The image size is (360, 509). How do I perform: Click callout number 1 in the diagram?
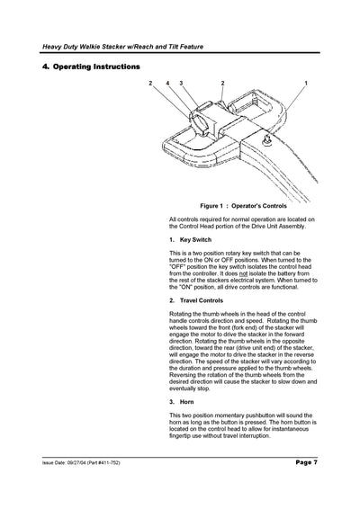coord(306,83)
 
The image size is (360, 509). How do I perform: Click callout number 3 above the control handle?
coord(181,83)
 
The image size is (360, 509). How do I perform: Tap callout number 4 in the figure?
coord(167,83)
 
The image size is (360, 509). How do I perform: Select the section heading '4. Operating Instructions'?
coord(91,67)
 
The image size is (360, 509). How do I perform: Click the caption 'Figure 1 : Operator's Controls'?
coord(237,206)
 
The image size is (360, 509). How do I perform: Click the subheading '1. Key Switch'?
coord(191,241)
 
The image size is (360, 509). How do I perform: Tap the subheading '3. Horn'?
coord(181,401)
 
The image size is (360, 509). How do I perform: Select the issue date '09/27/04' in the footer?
coord(81,462)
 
